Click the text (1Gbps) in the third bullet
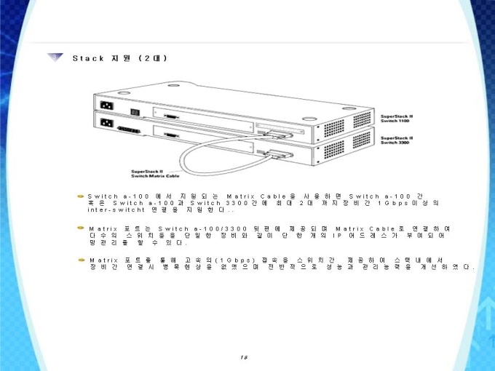[232, 260]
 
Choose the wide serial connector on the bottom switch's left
[127, 129]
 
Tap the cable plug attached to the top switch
[277, 132]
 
